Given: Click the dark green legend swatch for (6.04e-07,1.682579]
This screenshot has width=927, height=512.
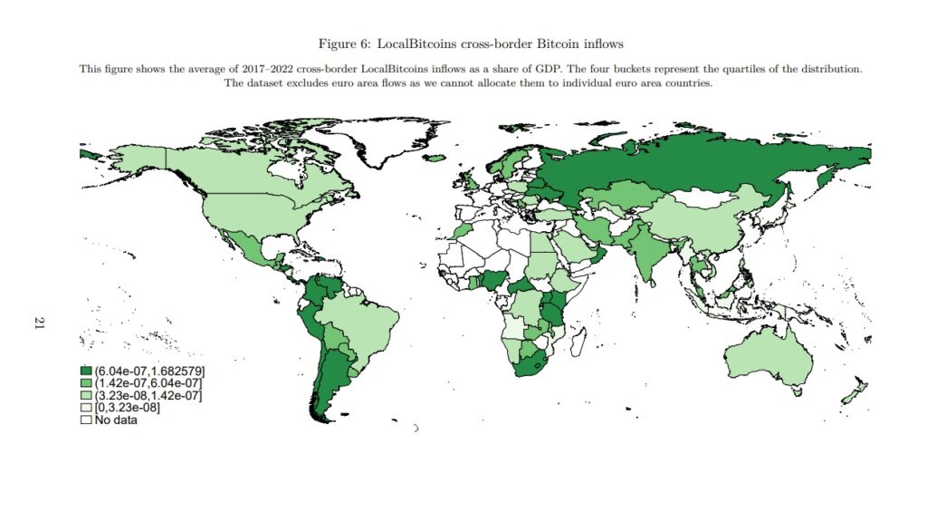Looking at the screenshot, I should click(x=87, y=371).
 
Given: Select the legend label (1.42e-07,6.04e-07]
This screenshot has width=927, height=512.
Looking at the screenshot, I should click(x=148, y=383).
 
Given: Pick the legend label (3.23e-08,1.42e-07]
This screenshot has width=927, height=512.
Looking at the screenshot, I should click(x=148, y=396).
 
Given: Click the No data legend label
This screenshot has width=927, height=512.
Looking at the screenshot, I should click(x=116, y=420).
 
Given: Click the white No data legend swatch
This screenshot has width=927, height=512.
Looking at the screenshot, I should click(x=87, y=420).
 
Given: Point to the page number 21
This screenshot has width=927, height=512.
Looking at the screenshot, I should click(x=39, y=323).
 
